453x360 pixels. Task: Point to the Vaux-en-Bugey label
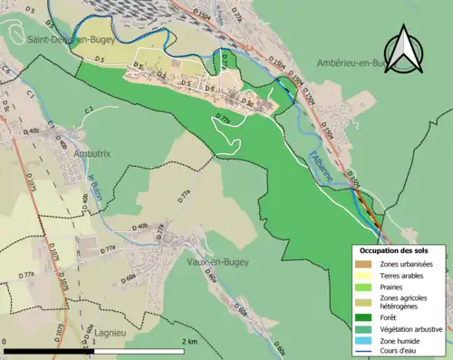(x=217, y=262)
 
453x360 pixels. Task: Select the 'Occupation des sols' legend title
(x=395, y=251)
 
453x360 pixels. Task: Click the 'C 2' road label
(x=90, y=110)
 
